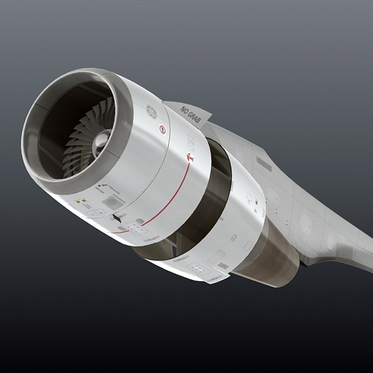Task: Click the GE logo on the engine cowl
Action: click(151, 111)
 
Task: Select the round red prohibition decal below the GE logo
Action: click(162, 130)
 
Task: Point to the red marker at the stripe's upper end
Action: click(190, 157)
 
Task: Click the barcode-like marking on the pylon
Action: click(264, 164)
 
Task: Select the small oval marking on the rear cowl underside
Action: click(234, 238)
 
